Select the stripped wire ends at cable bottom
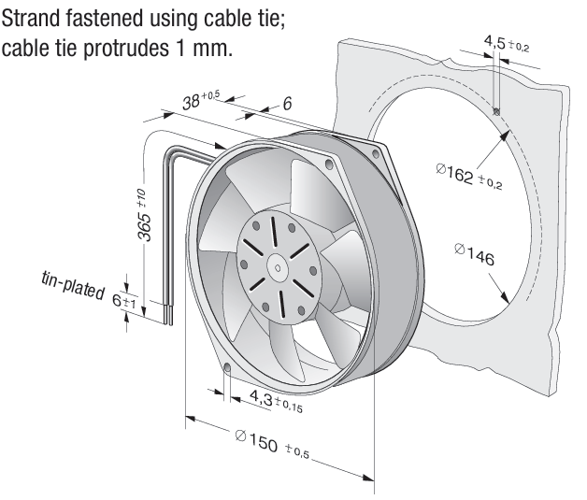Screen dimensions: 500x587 (168, 315)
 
